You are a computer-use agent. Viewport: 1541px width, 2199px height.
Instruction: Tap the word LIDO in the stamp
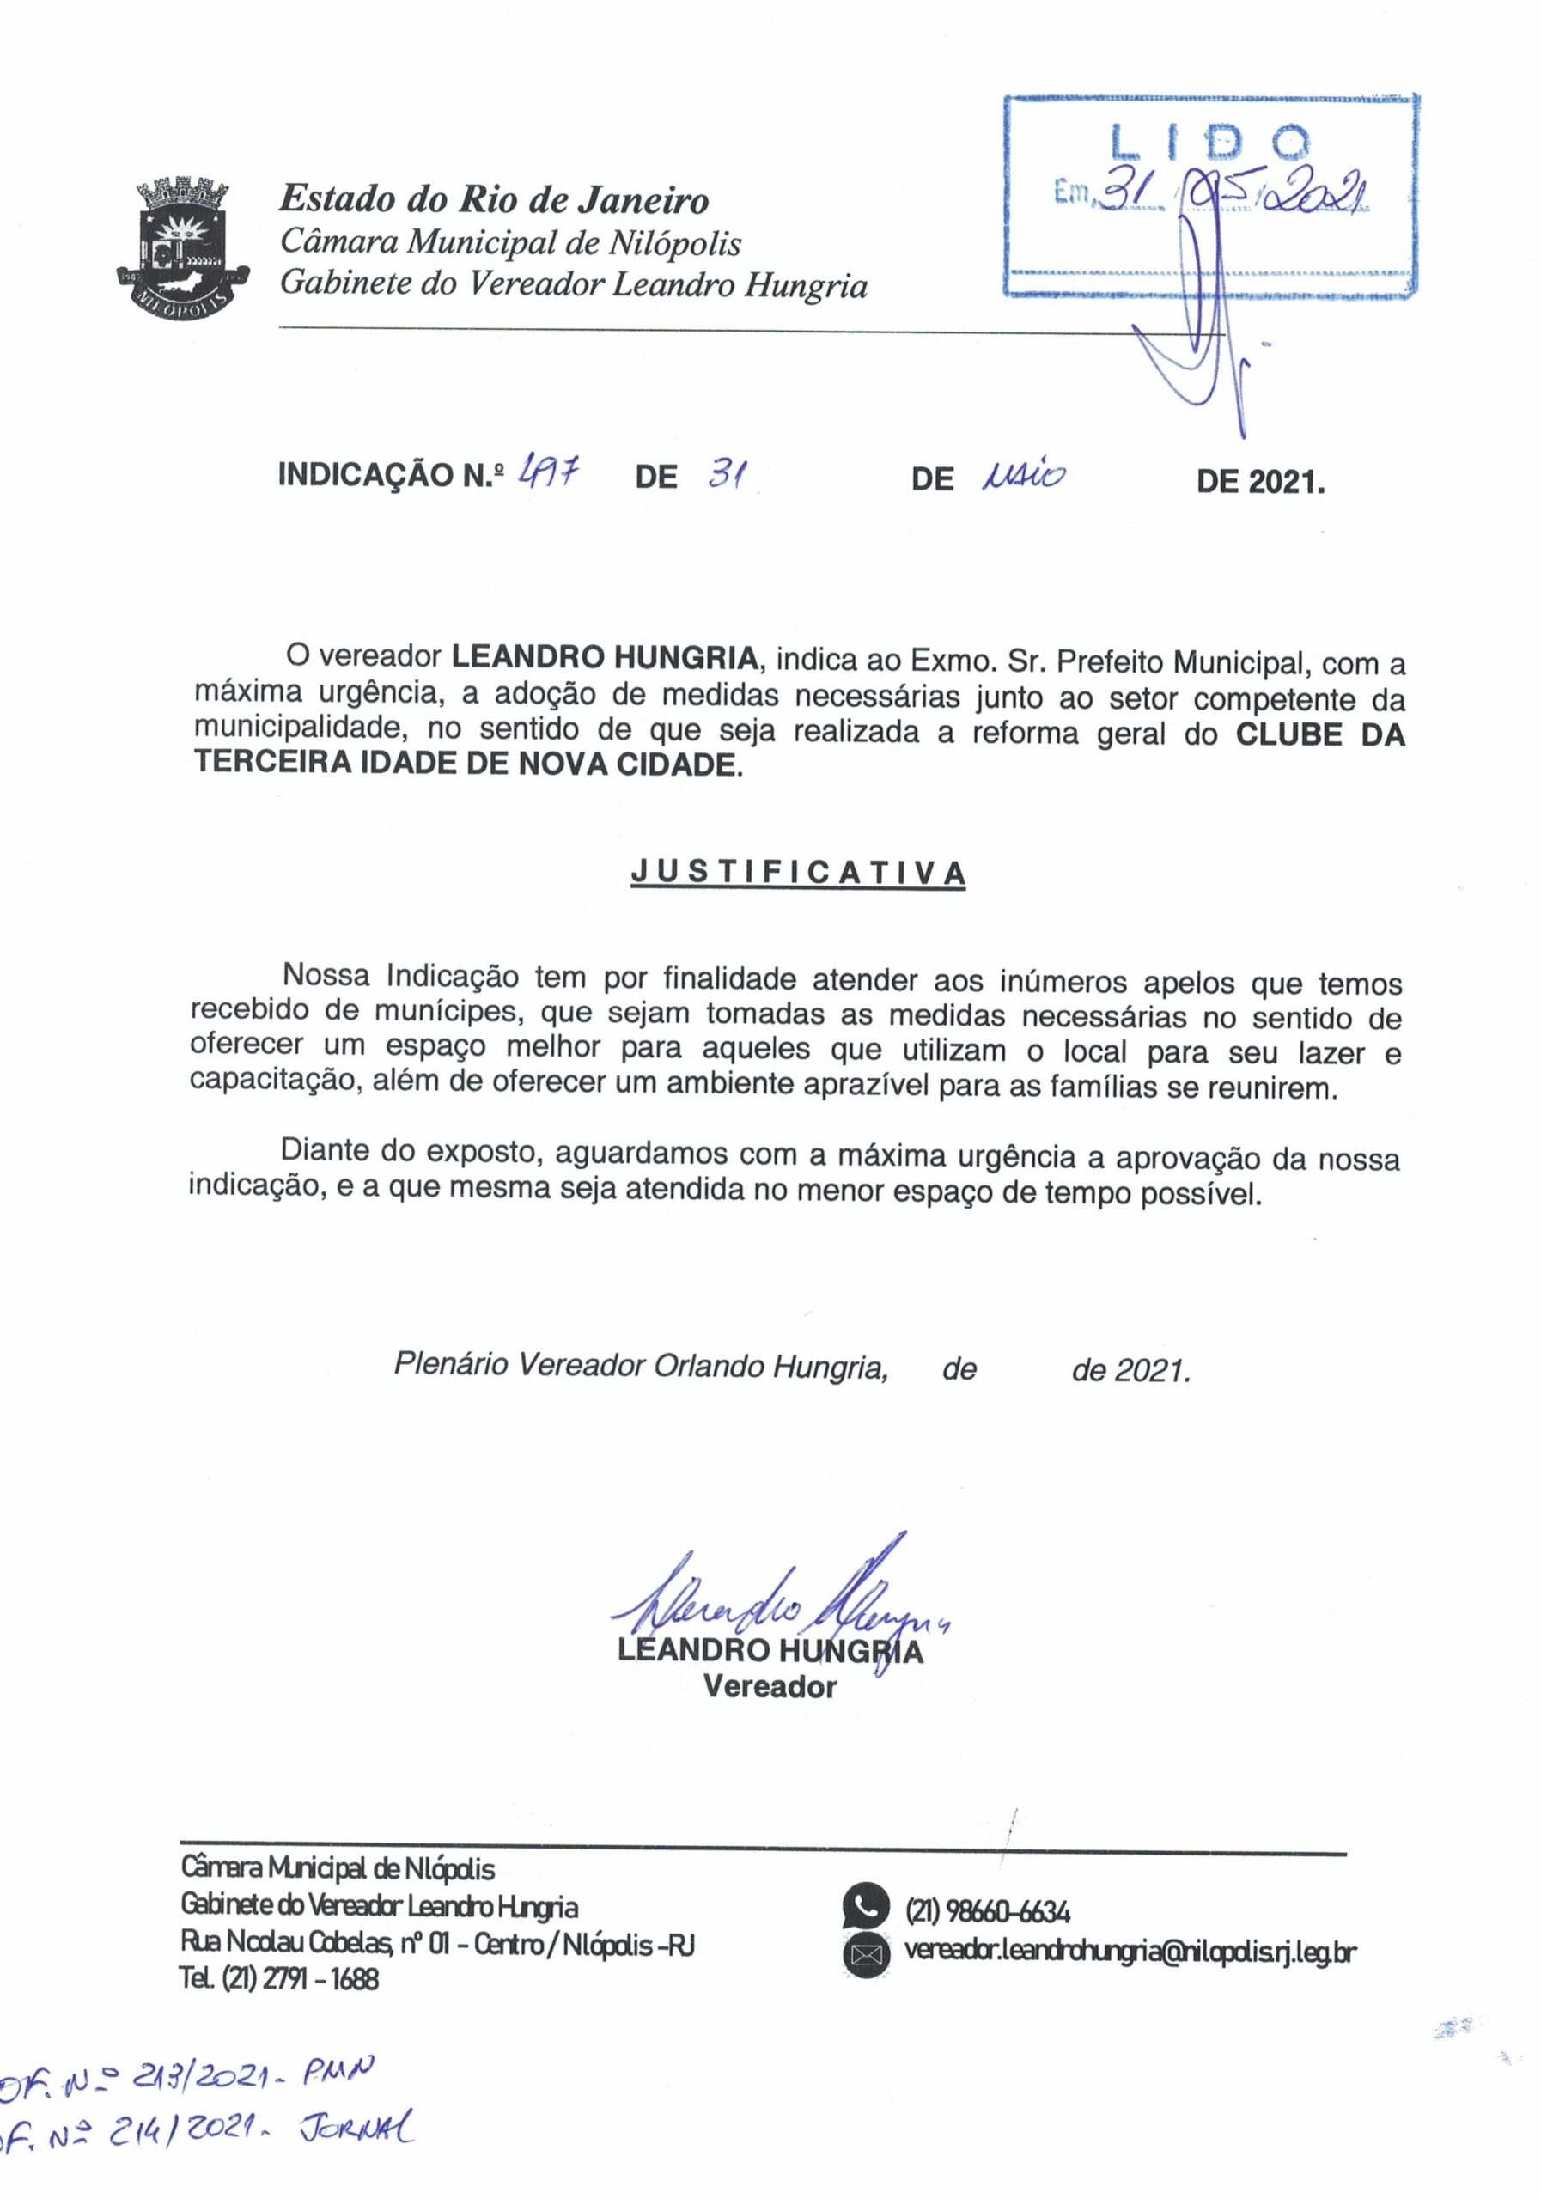point(1208,142)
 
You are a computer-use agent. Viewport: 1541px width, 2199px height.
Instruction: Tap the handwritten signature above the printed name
point(776,1605)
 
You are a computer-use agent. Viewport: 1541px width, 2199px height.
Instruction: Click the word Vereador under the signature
point(769,1686)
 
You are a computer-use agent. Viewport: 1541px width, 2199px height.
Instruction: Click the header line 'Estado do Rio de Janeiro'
point(493,200)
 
